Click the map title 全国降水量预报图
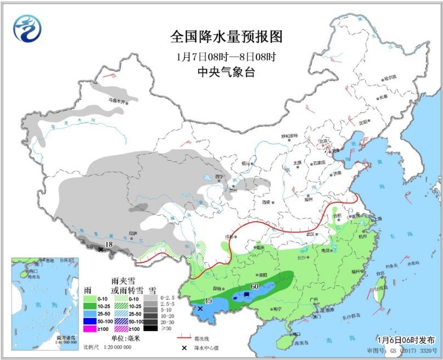click(226, 37)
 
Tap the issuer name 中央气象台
click(226, 72)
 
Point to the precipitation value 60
click(255, 286)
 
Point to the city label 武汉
click(310, 234)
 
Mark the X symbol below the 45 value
click(200, 309)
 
